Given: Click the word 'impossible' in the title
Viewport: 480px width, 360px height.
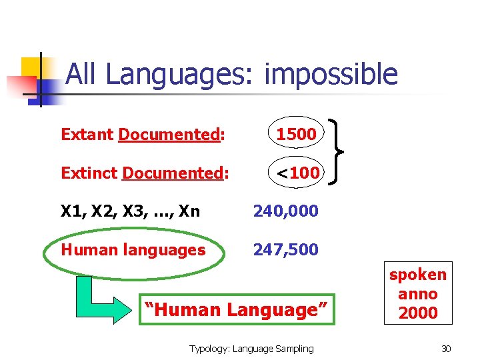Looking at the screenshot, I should (x=331, y=75).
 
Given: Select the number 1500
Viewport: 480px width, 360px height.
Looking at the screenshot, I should (x=296, y=134).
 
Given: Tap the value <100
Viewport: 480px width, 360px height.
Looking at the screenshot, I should (x=298, y=173).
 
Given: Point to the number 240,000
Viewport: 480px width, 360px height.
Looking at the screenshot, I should (x=285, y=211).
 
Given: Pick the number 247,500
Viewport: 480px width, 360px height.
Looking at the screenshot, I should (x=285, y=250).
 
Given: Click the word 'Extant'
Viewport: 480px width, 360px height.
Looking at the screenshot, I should (x=87, y=134).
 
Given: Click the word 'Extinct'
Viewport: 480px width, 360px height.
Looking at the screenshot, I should (x=89, y=173).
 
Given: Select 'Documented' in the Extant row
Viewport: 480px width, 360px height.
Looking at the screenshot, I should (x=169, y=134).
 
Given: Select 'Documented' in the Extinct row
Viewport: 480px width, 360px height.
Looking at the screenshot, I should (x=173, y=173).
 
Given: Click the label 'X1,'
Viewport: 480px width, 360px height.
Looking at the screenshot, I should (x=74, y=211).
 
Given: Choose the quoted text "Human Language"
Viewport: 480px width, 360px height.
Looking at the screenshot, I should (x=237, y=310).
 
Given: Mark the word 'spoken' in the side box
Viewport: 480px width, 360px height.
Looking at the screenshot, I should (x=418, y=275).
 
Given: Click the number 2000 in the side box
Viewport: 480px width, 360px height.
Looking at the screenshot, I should (x=418, y=313).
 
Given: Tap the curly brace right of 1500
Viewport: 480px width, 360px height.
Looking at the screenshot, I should (x=335, y=153).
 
